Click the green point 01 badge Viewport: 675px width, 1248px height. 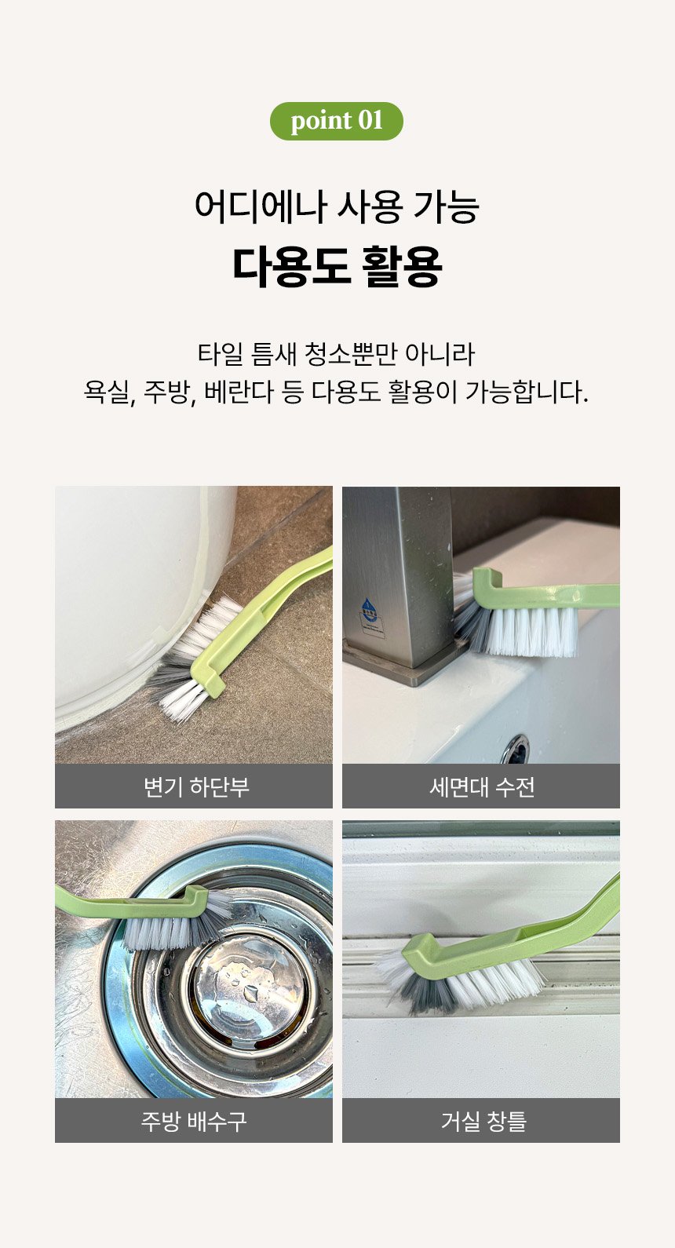pos(336,121)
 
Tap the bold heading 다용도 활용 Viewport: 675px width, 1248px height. pos(337,266)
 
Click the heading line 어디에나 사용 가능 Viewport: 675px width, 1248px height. pos(337,207)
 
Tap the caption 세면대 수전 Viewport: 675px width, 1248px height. pos(481,786)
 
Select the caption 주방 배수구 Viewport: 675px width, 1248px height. pos(193,1121)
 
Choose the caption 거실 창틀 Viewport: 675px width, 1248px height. pos(482,1121)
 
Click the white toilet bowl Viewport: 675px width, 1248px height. pos(126,597)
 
